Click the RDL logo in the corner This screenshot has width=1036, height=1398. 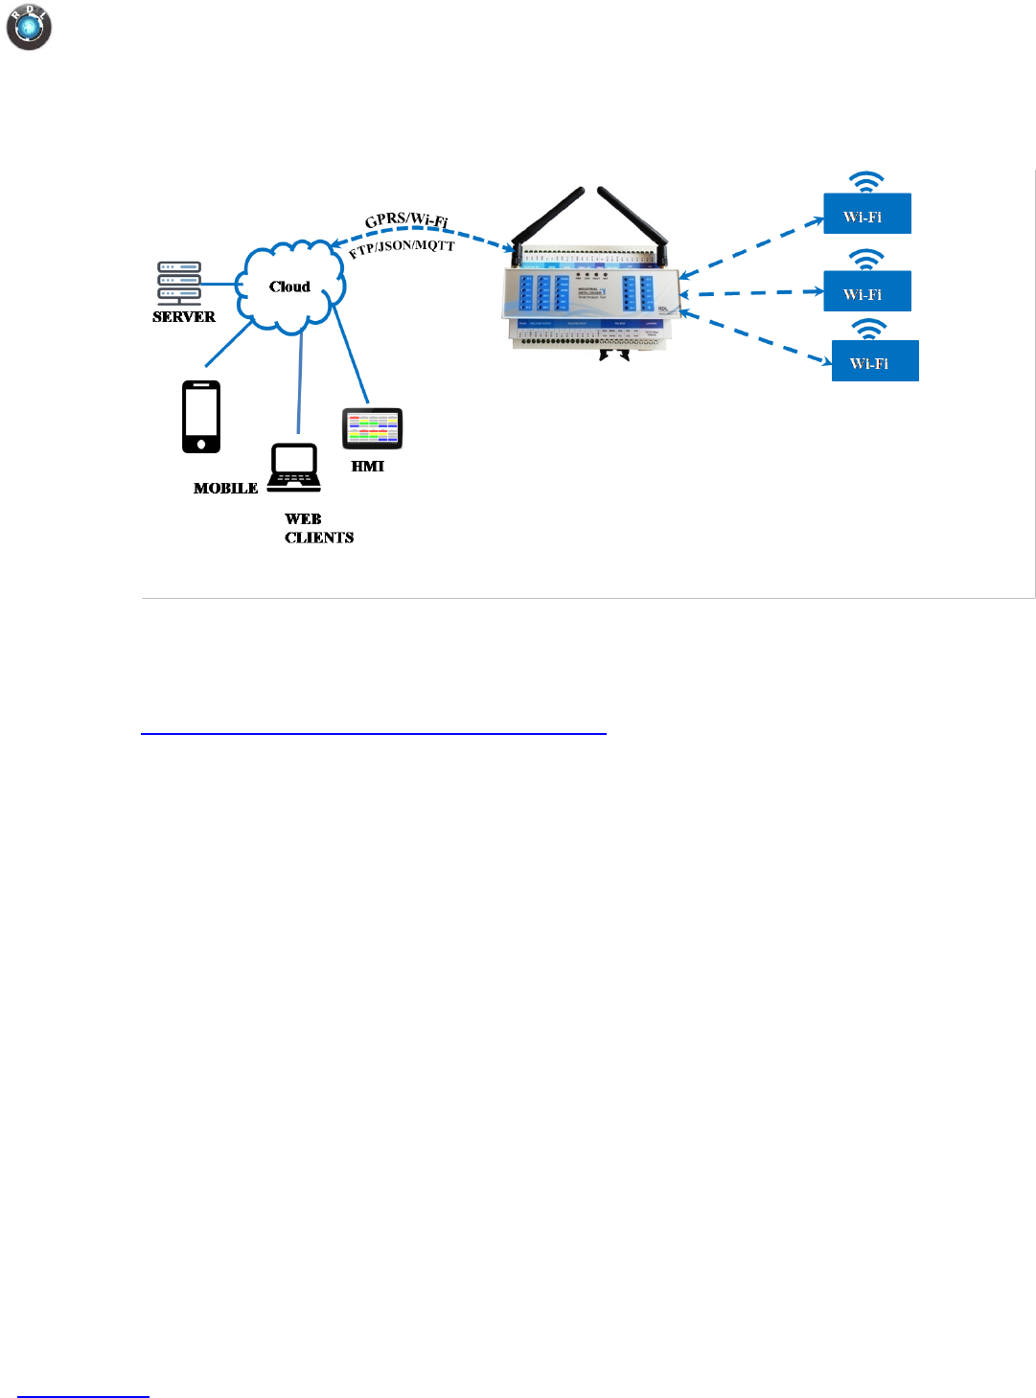click(29, 28)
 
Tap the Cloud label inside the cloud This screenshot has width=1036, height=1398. click(289, 286)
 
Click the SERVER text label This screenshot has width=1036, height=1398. click(184, 317)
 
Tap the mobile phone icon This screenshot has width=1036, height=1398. click(201, 417)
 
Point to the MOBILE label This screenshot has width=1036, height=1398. click(225, 489)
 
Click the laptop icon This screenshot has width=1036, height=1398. click(294, 468)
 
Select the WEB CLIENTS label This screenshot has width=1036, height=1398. click(318, 528)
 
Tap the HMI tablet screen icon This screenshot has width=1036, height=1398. click(373, 428)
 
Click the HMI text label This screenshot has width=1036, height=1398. click(367, 467)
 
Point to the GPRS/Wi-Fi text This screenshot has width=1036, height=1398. click(406, 219)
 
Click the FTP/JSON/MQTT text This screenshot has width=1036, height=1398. click(402, 248)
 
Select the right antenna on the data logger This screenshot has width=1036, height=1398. click(633, 219)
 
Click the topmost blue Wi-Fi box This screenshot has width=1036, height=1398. click(867, 215)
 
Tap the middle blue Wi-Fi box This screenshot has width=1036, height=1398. click(867, 292)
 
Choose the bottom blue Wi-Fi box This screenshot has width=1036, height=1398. click(875, 362)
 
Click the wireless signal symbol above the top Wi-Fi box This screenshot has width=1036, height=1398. click(866, 182)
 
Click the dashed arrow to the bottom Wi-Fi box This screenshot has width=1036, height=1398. click(757, 338)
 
